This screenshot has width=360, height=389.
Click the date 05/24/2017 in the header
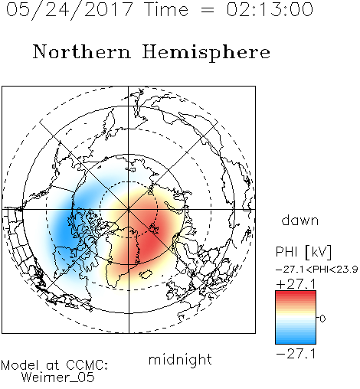(x=70, y=9)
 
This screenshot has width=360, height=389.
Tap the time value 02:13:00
(x=270, y=9)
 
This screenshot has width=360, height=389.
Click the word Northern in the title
(x=82, y=51)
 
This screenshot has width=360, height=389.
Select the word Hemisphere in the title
(x=206, y=52)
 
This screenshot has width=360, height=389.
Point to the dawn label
(x=300, y=220)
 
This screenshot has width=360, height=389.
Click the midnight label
(x=180, y=360)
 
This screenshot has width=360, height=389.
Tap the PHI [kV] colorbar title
(x=303, y=252)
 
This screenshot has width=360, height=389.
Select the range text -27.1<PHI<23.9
(x=317, y=270)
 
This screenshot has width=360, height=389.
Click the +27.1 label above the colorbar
(x=296, y=284)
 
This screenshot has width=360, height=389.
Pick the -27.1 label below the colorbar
(x=296, y=354)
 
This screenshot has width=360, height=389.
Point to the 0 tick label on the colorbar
(x=322, y=319)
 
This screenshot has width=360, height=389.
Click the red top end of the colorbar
(x=296, y=293)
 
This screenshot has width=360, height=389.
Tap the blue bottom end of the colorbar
(x=296, y=342)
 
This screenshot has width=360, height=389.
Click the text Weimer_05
(x=58, y=378)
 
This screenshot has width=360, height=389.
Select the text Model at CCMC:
(x=54, y=365)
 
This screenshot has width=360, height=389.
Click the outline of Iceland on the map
(x=146, y=274)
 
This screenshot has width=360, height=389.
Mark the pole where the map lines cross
(x=129, y=209)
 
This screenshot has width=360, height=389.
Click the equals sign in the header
(x=208, y=10)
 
